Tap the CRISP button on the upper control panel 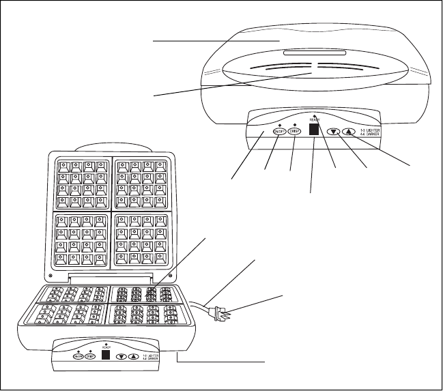(x=295, y=132)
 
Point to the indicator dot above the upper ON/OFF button (x=280, y=123)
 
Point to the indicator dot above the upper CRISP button (x=295, y=123)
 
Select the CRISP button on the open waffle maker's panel (x=90, y=356)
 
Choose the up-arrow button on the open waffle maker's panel (x=135, y=355)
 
